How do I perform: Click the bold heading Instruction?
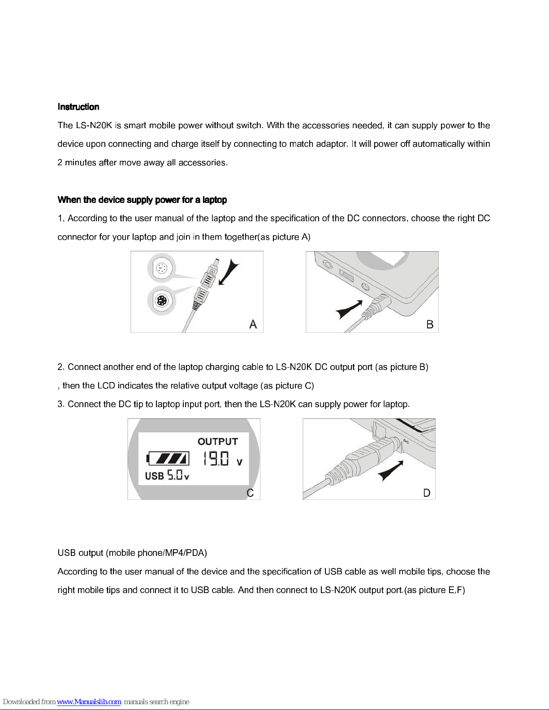point(78,107)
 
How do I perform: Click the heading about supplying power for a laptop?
point(142,200)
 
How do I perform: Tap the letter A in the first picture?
point(253,324)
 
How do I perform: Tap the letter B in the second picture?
point(430,324)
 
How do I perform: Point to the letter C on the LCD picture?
point(250,493)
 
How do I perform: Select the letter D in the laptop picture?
point(427,493)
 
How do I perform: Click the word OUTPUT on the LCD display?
point(218,441)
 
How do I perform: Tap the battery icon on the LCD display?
point(168,458)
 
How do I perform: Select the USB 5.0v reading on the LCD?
point(167,475)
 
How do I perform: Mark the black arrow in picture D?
point(390,471)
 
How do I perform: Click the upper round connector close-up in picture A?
point(161,268)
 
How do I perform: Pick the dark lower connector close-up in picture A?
point(161,300)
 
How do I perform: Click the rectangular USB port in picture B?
point(346,276)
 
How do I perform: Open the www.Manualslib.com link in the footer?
point(89,701)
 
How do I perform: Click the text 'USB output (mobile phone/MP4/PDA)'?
point(132,553)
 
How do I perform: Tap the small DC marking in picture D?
point(406,441)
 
